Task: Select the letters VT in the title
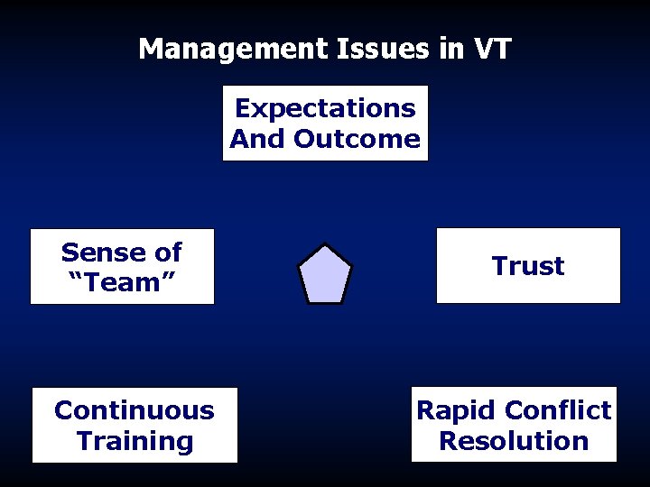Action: (490, 49)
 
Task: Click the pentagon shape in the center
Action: (325, 274)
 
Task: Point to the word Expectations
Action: (325, 108)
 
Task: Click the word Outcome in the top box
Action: (357, 139)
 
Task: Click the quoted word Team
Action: (122, 282)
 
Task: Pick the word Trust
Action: (528, 266)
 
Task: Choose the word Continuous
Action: (135, 410)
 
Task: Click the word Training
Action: (135, 441)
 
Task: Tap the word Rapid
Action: (456, 410)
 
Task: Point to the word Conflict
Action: (558, 410)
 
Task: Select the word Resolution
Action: (514, 441)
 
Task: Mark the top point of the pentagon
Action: (325, 246)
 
